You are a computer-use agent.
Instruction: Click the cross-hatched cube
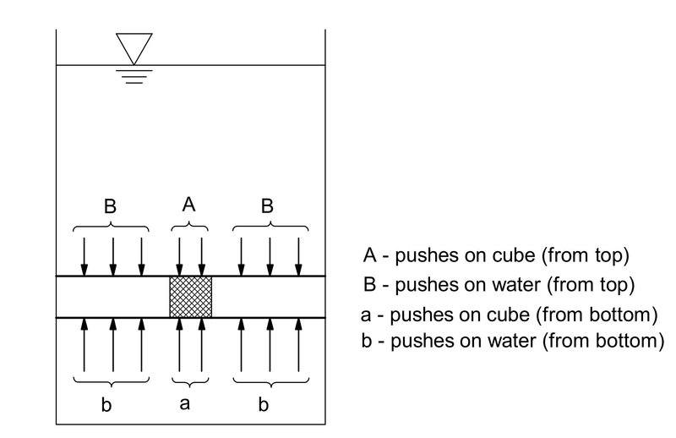coord(190,297)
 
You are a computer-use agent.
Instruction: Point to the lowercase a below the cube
coord(185,403)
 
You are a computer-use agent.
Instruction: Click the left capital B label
coord(111,205)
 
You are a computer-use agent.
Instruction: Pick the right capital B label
coord(268,205)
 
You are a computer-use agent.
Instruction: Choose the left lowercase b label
coord(106,404)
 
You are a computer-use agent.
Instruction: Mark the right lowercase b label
coord(264,404)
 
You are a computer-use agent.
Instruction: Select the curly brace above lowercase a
coord(190,380)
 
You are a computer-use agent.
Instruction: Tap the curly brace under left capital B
coord(112,227)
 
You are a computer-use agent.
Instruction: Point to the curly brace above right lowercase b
coord(270,380)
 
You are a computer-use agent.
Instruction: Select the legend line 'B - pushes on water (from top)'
coord(499,285)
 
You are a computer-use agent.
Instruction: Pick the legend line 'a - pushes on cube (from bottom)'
coord(509,315)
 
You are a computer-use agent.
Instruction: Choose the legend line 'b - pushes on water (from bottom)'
coord(512,341)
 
